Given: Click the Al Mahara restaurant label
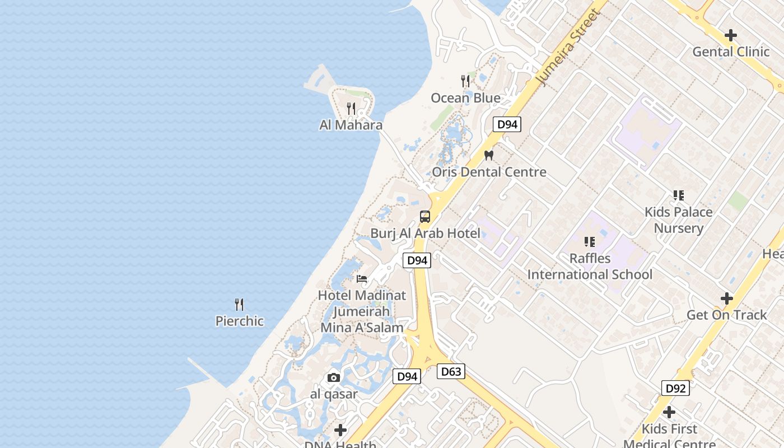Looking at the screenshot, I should [351, 125].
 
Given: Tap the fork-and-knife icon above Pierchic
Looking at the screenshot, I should [239, 305].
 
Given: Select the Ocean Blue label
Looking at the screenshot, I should [465, 98].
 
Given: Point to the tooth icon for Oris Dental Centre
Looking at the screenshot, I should [488, 156].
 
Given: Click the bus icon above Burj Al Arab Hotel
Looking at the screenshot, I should [425, 217].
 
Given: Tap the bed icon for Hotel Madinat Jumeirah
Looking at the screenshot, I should [362, 278].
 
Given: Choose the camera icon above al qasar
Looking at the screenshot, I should [334, 378].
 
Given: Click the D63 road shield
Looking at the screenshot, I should [451, 371].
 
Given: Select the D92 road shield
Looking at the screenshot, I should [675, 388].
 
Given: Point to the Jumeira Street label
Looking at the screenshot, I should [568, 48].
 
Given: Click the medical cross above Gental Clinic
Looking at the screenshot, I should [731, 35].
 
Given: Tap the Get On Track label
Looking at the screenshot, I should [726, 315].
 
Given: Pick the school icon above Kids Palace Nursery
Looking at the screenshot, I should [679, 195].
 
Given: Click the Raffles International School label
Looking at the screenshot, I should [590, 267].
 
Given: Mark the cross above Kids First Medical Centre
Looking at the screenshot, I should [669, 413].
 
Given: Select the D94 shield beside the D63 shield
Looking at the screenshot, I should [407, 376].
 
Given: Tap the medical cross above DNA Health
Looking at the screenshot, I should [340, 430].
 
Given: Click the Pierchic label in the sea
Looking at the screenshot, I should [239, 321].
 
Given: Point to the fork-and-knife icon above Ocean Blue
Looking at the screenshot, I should [465, 81].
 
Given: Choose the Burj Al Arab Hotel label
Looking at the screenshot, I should [425, 233].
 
